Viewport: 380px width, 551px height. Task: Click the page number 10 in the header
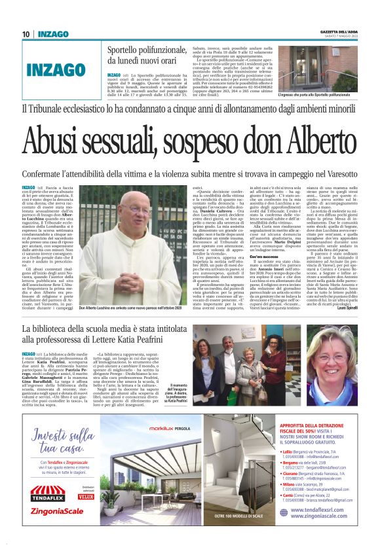tap(26, 33)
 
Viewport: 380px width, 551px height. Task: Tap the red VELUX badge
tap(86, 497)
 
